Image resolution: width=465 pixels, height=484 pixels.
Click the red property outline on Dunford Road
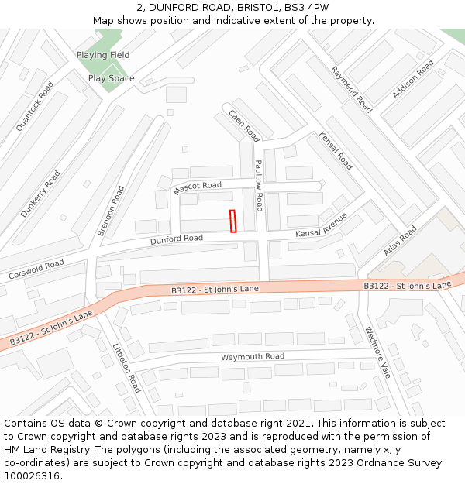click(232, 221)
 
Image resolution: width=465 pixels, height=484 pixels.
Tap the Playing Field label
click(103, 55)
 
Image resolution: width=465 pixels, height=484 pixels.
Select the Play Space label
click(111, 78)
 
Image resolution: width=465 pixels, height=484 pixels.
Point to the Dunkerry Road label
click(40, 194)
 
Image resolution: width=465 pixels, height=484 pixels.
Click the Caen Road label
click(243, 125)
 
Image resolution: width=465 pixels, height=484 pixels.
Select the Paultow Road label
click(259, 186)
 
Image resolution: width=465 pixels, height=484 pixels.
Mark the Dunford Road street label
click(177, 239)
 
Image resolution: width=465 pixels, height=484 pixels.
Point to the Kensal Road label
click(336, 150)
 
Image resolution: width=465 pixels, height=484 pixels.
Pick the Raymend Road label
click(351, 89)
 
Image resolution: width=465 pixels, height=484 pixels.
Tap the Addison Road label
click(413, 80)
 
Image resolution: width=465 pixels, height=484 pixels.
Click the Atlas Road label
click(400, 241)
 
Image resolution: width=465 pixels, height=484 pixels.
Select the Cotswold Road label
click(36, 270)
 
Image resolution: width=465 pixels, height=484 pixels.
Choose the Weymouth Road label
click(253, 357)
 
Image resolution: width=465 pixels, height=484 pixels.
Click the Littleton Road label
click(126, 368)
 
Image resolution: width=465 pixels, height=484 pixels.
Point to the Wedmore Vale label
click(378, 352)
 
